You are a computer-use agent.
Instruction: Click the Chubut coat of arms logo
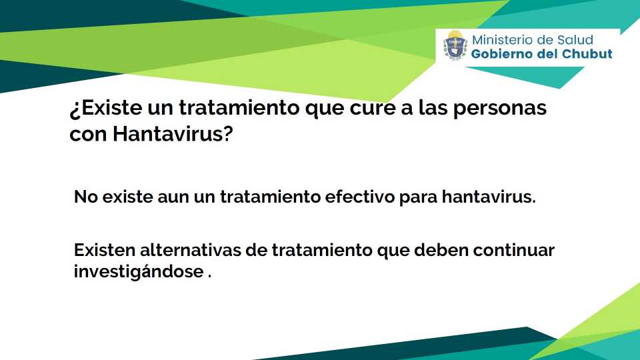pyautogui.click(x=455, y=45)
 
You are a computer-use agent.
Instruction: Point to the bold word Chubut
pyautogui.click(x=587, y=54)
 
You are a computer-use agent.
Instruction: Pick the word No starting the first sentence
pyautogui.click(x=85, y=197)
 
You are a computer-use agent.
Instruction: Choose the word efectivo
pyautogui.click(x=359, y=197)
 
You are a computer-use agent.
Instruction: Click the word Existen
pyautogui.click(x=104, y=250)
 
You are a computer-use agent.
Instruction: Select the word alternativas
pyautogui.click(x=190, y=250)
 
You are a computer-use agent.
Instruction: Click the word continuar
pyautogui.click(x=514, y=250)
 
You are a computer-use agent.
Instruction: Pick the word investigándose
pyautogui.click(x=139, y=272)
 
